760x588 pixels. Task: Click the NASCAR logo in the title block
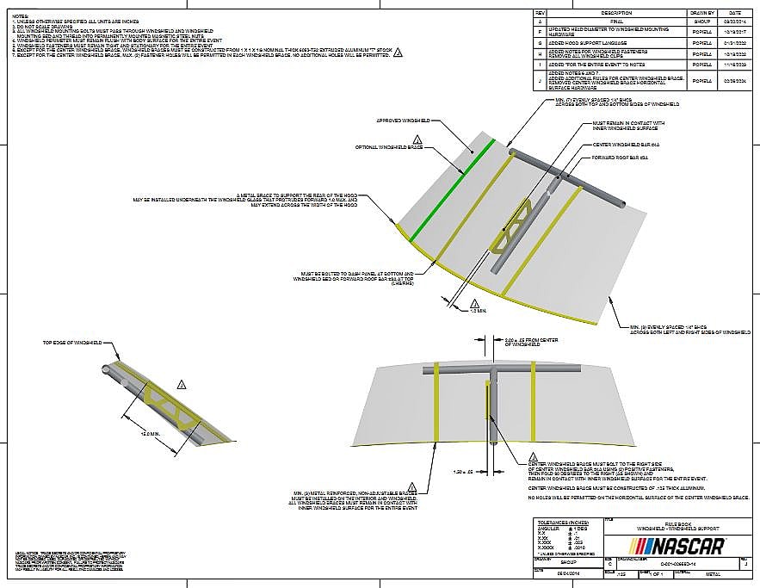[678, 546]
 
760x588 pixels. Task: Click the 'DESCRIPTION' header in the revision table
[616, 13]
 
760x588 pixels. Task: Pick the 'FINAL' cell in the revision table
[616, 21]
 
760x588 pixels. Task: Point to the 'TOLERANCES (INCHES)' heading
[564, 523]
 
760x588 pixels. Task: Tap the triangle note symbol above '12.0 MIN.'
[181, 383]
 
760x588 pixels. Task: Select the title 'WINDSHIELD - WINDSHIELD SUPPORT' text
[677, 528]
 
